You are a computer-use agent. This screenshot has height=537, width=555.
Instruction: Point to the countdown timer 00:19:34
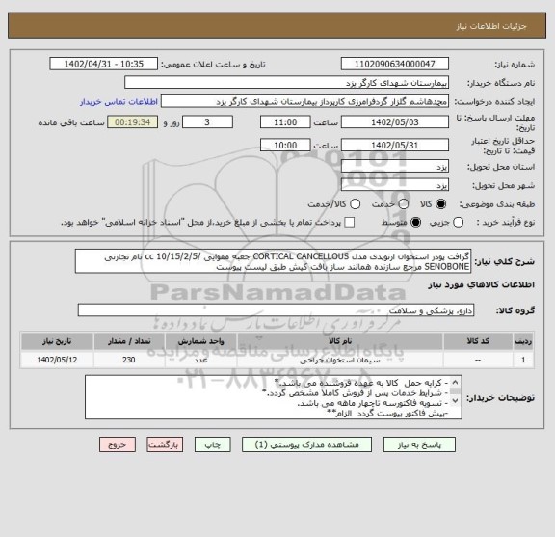coord(140,123)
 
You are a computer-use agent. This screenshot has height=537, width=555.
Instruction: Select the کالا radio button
coord(442,204)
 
